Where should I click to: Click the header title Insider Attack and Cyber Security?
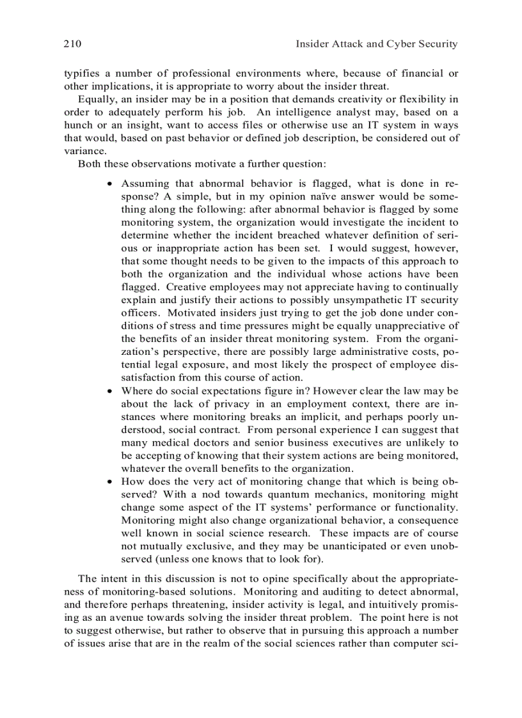click(376, 44)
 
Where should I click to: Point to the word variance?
click(84, 151)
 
